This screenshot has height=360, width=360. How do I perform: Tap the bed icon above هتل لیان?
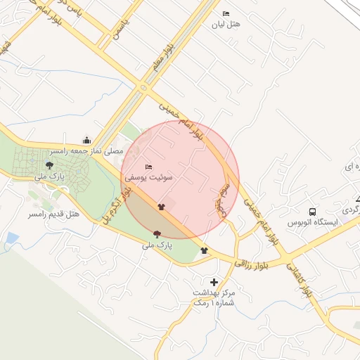pos(226,13)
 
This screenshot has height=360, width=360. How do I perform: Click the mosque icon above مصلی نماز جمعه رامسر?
pos(86,140)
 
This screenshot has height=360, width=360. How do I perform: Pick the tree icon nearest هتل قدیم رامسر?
pos(49,167)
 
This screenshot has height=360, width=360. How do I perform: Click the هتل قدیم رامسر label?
pos(54,213)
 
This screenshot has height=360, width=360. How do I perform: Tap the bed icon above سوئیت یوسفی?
pos(148,167)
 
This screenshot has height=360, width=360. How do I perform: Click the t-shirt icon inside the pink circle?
pos(162,207)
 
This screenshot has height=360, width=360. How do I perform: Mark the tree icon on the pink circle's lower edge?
pos(157,234)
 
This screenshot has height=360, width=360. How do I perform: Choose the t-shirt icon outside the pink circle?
pos(204,250)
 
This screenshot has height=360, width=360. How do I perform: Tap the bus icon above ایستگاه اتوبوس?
pos(312,211)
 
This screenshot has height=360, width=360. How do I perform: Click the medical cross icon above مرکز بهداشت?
pos(214,282)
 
